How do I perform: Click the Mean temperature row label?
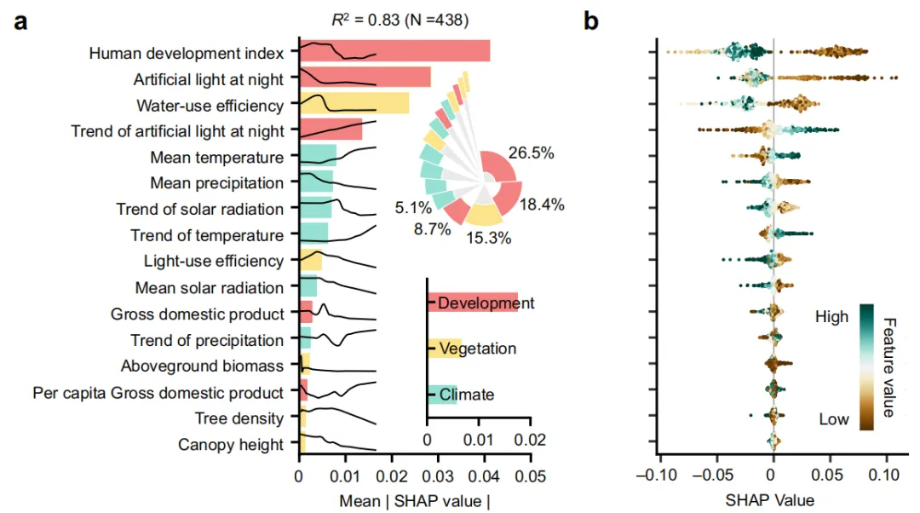(x=216, y=158)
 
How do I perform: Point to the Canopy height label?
(x=231, y=445)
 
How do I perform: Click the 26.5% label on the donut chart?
(x=532, y=154)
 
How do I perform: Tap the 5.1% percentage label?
(x=413, y=206)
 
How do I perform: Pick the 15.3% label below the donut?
(x=488, y=239)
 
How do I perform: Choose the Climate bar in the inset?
(x=442, y=395)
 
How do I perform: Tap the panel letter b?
(x=591, y=20)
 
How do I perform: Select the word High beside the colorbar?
(x=831, y=317)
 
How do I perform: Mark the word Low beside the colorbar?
(x=834, y=419)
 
